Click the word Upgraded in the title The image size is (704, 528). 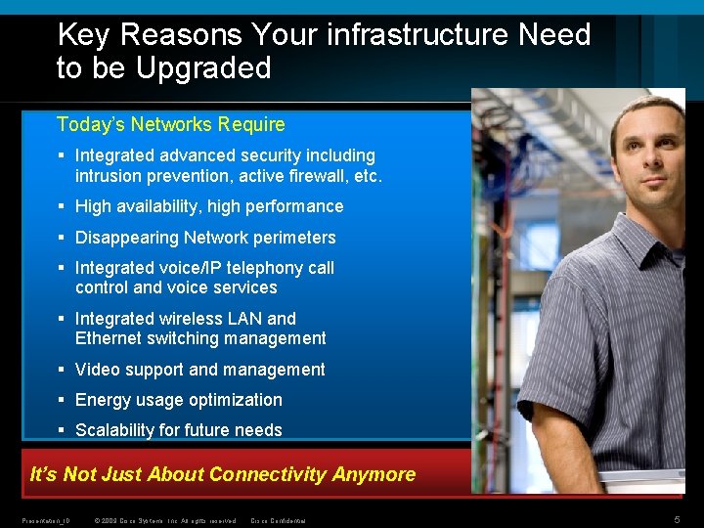point(203,68)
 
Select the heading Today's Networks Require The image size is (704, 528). point(171,124)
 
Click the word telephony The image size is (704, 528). point(252,268)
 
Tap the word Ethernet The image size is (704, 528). point(108,338)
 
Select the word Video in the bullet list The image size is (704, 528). point(96,370)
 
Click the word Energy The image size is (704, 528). point(102,400)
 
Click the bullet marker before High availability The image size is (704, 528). point(62,206)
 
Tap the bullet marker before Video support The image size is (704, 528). point(62,370)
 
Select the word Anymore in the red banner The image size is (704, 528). point(374,475)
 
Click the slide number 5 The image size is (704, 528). point(677,519)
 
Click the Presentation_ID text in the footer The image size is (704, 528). point(45,520)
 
